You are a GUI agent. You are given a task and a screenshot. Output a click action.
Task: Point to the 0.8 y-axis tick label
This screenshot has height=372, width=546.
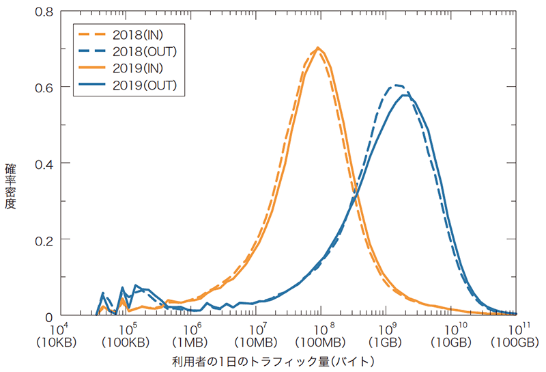point(45,12)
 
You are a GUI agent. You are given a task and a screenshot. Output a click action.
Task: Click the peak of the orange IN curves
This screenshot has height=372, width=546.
point(318,48)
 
